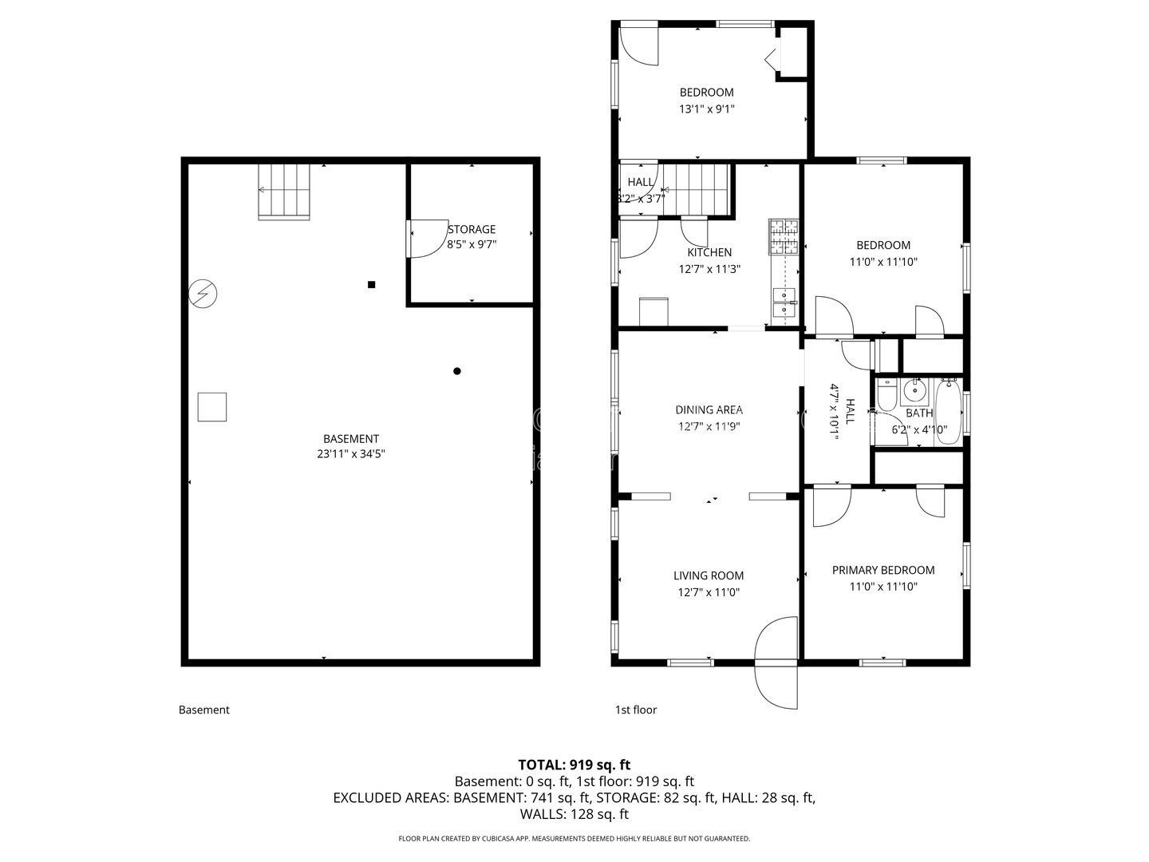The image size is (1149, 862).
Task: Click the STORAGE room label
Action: [x=472, y=229]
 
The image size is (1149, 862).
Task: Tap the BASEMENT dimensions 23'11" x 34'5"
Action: [x=351, y=454]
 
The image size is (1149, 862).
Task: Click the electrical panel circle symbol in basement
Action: [x=202, y=294]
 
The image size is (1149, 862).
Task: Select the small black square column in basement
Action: [x=371, y=284]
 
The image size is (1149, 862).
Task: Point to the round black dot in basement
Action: [x=457, y=370]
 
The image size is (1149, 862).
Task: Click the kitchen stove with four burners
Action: [x=784, y=236]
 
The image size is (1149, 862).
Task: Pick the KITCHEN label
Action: [x=709, y=252]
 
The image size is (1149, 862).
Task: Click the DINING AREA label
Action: [x=709, y=409]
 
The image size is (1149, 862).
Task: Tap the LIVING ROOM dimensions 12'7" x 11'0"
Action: [x=709, y=592]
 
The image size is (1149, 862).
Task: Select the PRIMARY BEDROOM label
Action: [x=883, y=570]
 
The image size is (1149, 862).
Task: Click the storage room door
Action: [x=418, y=238]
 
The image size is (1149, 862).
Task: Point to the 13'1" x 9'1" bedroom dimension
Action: [x=706, y=109]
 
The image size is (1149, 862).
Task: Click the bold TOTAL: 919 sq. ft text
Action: [x=574, y=765]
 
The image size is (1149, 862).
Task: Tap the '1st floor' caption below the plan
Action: [x=636, y=710]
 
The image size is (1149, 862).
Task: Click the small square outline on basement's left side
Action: [x=212, y=406]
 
